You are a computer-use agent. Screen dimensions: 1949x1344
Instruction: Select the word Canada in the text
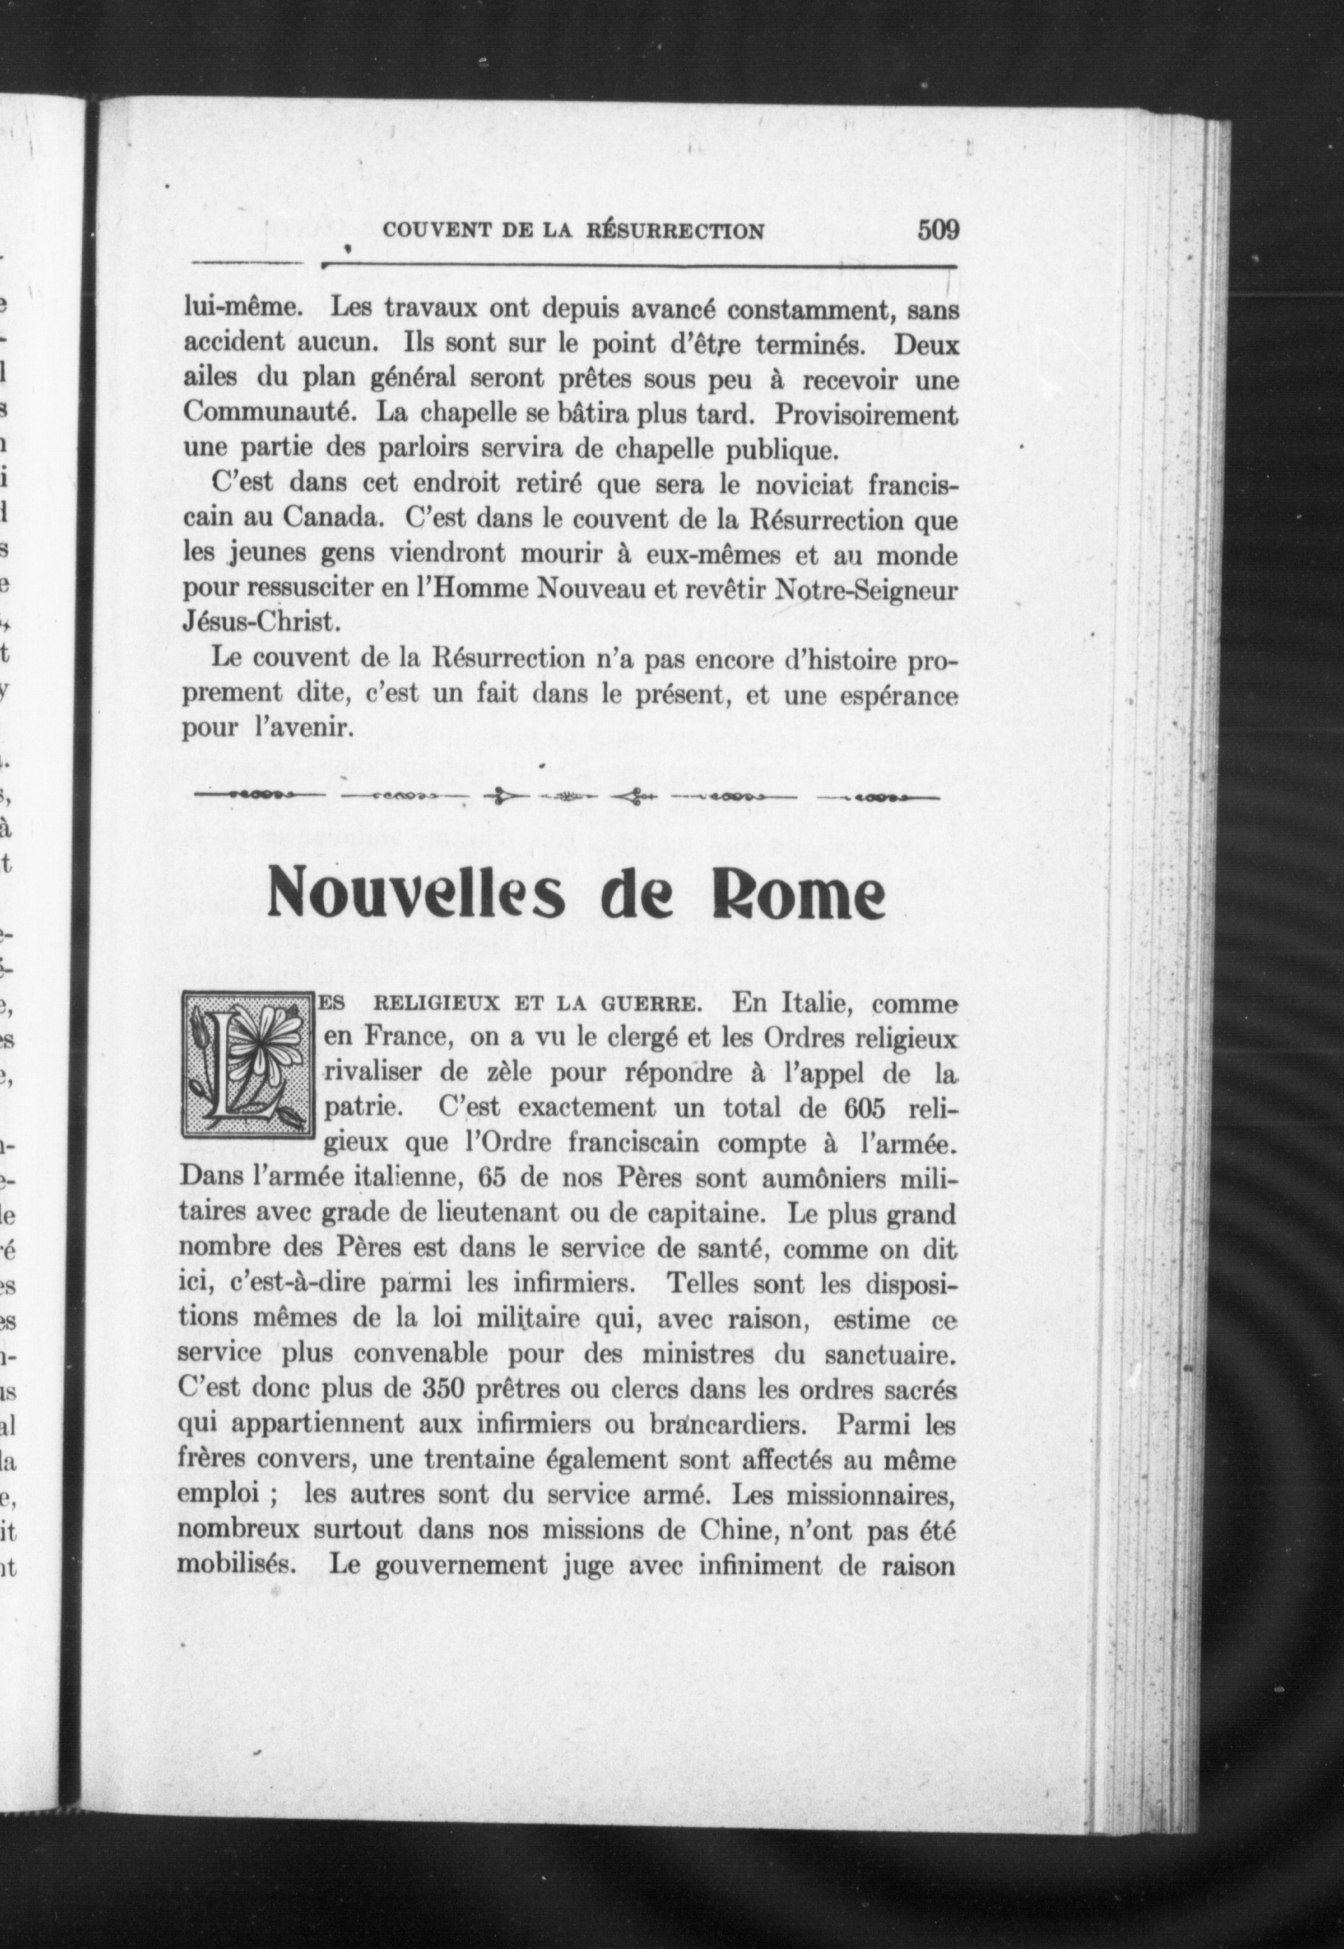(328, 520)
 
